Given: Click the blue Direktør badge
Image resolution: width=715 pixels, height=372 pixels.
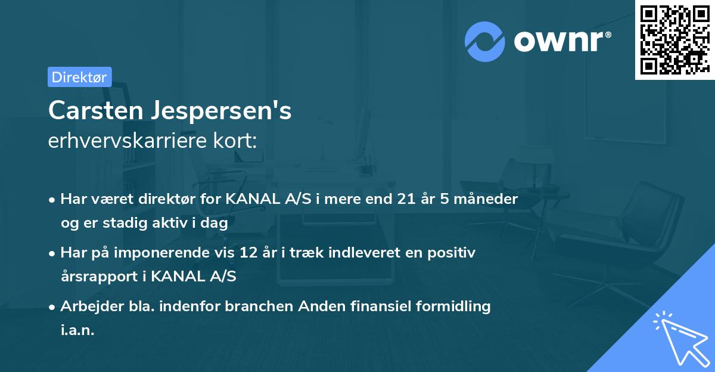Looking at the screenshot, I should pyautogui.click(x=79, y=77).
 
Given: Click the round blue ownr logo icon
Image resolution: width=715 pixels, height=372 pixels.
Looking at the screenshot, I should pyautogui.click(x=485, y=41).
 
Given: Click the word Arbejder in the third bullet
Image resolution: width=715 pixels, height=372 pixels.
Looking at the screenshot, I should pyautogui.click(x=89, y=306).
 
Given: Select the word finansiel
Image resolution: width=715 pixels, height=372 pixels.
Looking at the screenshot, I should pyautogui.click(x=358, y=306).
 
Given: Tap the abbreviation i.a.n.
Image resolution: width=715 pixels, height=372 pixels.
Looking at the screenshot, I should pyautogui.click(x=77, y=330).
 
